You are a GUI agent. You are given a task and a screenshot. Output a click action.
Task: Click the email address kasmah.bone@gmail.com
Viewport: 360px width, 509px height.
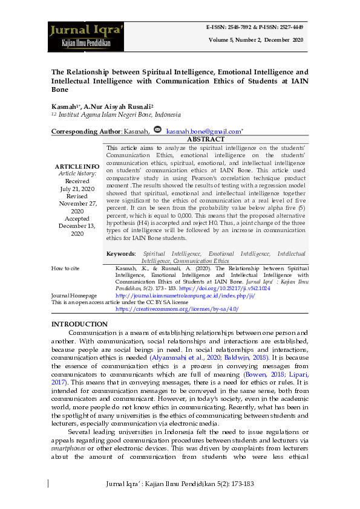coord(203,131)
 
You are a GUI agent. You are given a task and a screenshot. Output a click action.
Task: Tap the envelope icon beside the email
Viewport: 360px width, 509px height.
coord(158,130)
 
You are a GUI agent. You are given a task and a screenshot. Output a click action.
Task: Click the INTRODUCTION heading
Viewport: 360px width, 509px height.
coord(79,325)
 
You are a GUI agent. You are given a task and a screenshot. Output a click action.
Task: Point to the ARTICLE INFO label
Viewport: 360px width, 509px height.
coord(77,166)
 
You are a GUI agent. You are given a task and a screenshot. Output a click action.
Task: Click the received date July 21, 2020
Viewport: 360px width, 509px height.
coord(77,189)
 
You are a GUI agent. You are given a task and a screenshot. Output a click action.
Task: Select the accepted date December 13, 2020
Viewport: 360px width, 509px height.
coord(77,225)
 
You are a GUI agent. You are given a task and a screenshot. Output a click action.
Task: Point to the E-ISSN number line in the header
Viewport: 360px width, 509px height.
coord(255,27)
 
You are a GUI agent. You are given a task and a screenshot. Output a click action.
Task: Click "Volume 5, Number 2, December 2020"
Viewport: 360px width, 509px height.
coord(256,39)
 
